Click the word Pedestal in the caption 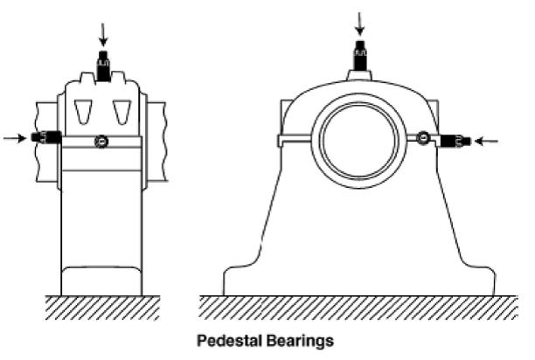click(229, 341)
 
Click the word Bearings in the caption click(300, 342)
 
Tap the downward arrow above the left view click(103, 35)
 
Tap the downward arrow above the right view click(359, 24)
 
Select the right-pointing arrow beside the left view click(15, 138)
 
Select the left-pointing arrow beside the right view click(487, 141)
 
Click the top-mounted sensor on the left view click(103, 66)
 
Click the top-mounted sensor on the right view click(359, 56)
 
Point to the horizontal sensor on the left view click(46, 137)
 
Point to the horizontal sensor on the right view click(455, 141)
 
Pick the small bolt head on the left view click(101, 142)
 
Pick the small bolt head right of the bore click(423, 137)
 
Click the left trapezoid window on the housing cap click(83, 112)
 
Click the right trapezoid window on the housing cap click(122, 112)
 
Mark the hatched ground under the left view click(102, 308)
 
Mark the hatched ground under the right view click(358, 308)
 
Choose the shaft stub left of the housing click(47, 142)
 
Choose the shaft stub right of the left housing click(156, 142)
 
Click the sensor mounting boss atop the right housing click(359, 75)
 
